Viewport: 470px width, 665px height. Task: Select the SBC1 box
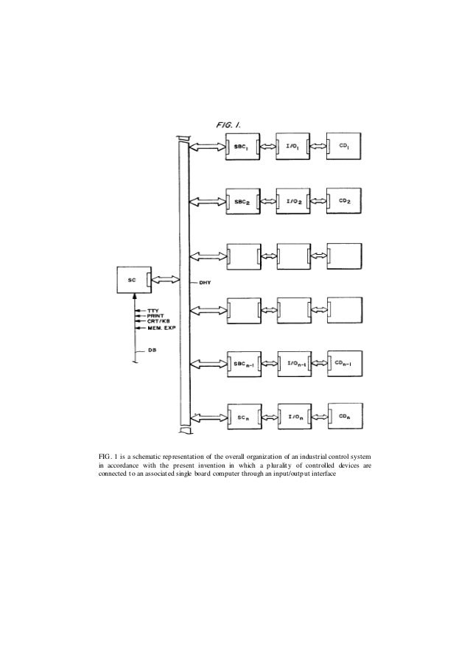coord(242,148)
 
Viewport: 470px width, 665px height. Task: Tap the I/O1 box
coord(292,148)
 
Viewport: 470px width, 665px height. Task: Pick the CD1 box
coord(344,148)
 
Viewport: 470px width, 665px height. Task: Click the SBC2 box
coord(242,200)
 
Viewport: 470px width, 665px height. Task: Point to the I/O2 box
coord(292,200)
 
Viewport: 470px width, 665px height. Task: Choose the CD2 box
coord(344,200)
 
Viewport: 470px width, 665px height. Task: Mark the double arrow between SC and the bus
coord(167,281)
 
